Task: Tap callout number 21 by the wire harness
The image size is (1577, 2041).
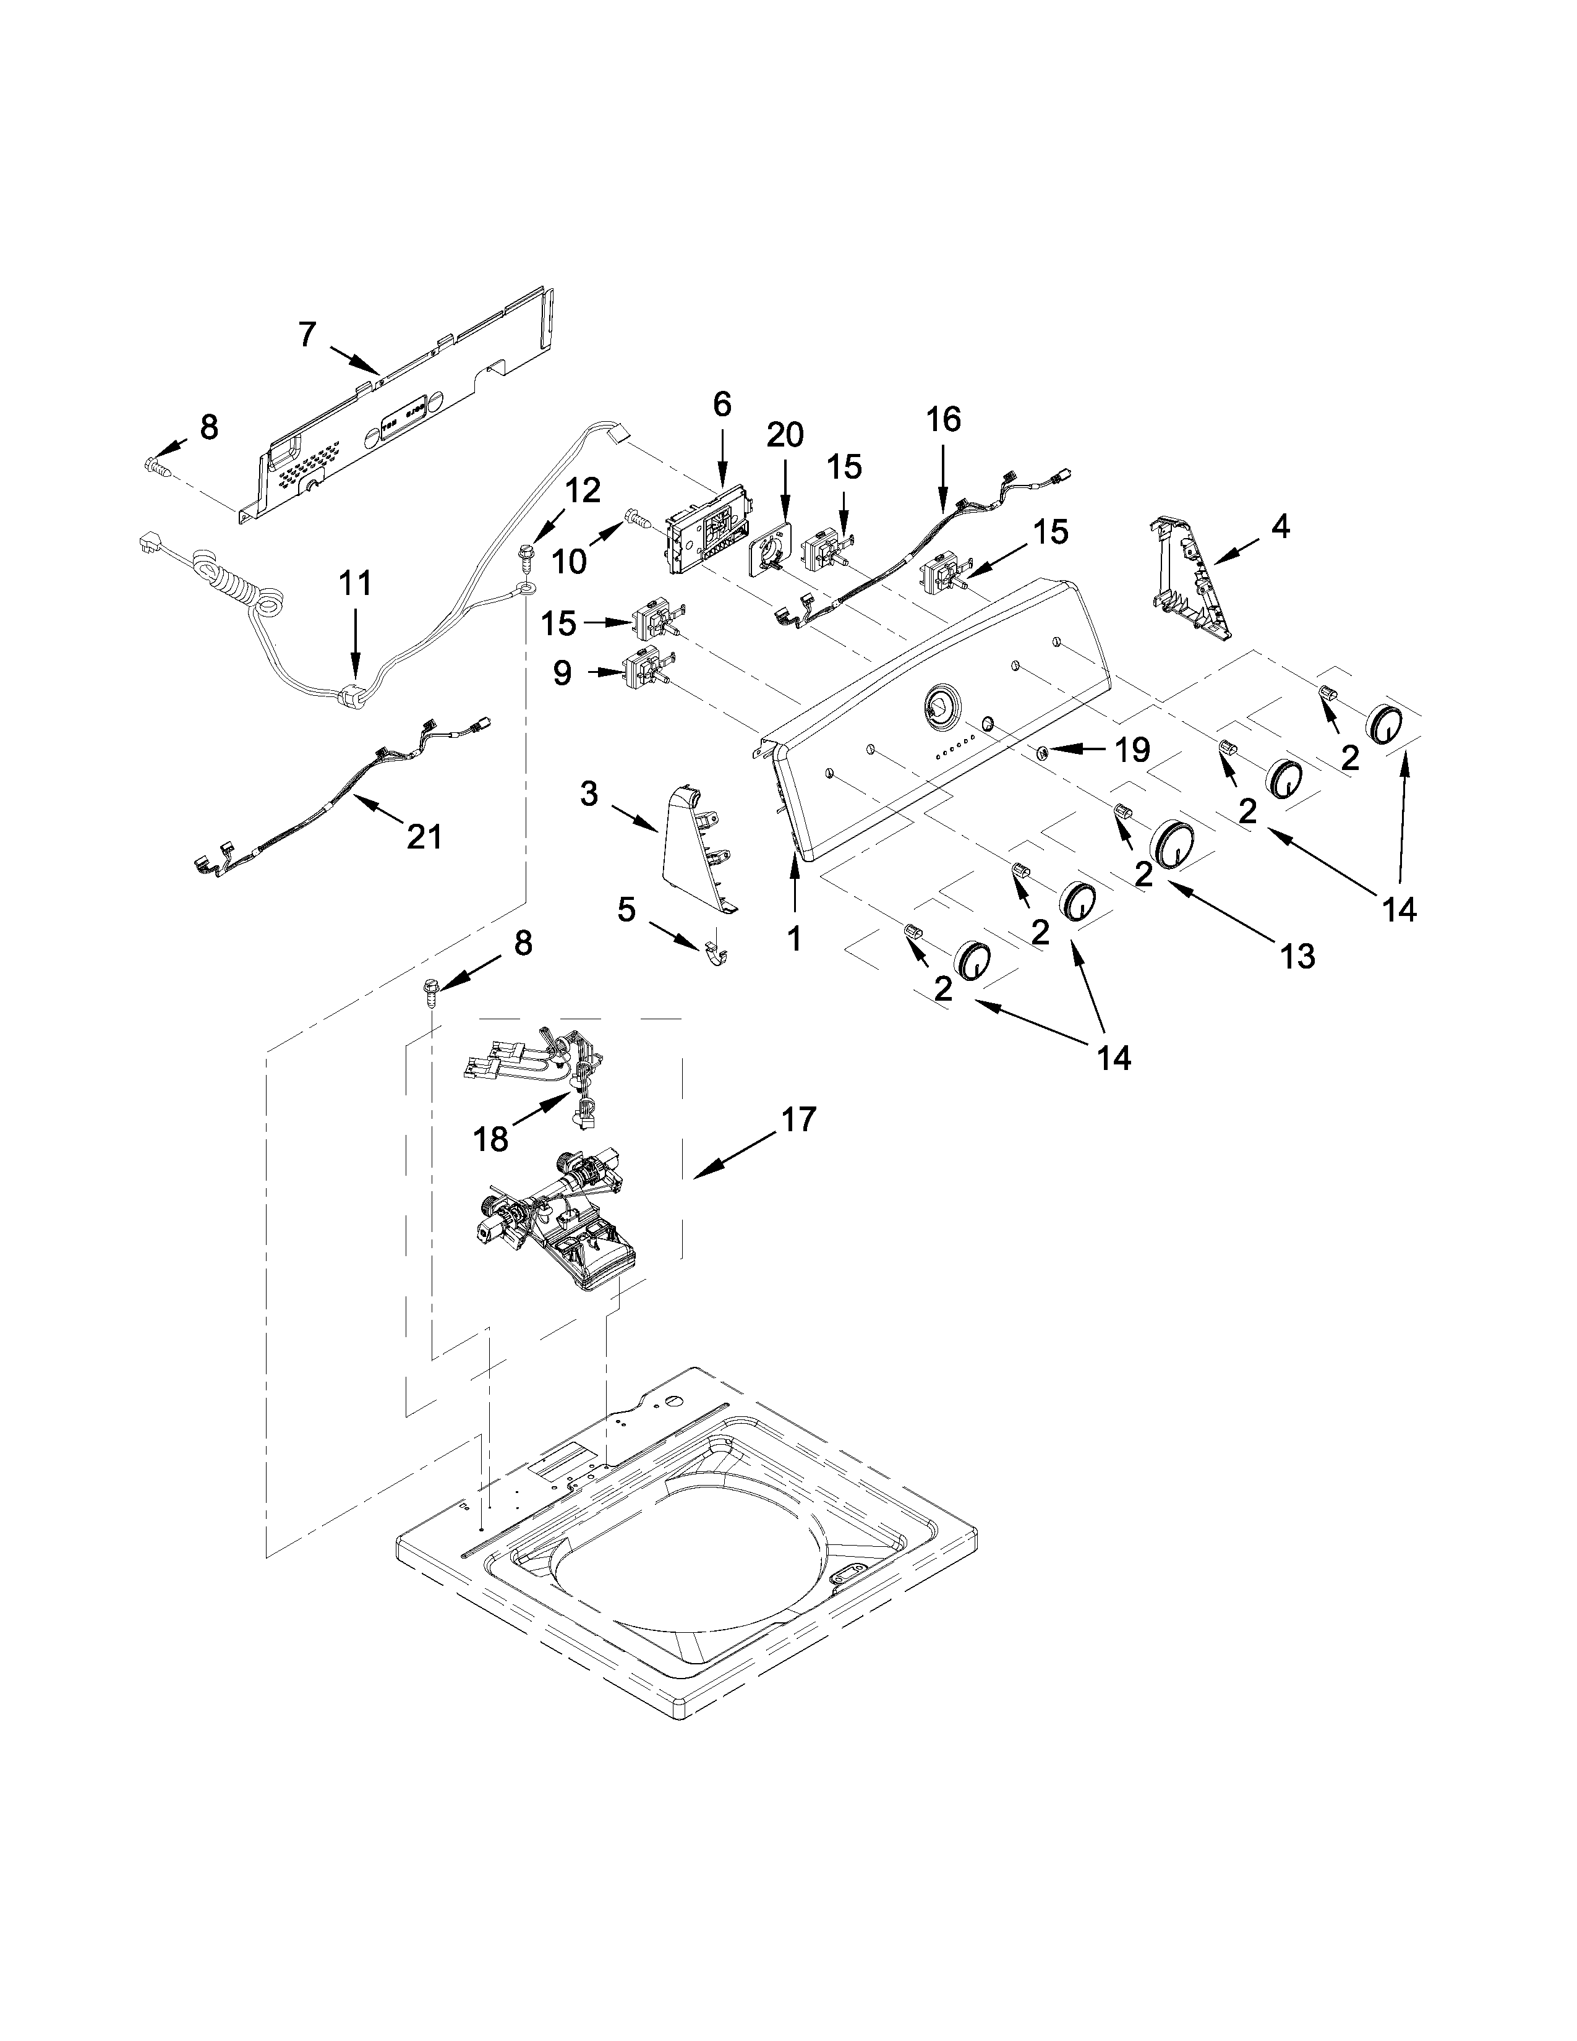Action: coord(424,836)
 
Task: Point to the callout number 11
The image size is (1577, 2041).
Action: coord(355,584)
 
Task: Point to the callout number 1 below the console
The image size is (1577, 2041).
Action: coord(793,938)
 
